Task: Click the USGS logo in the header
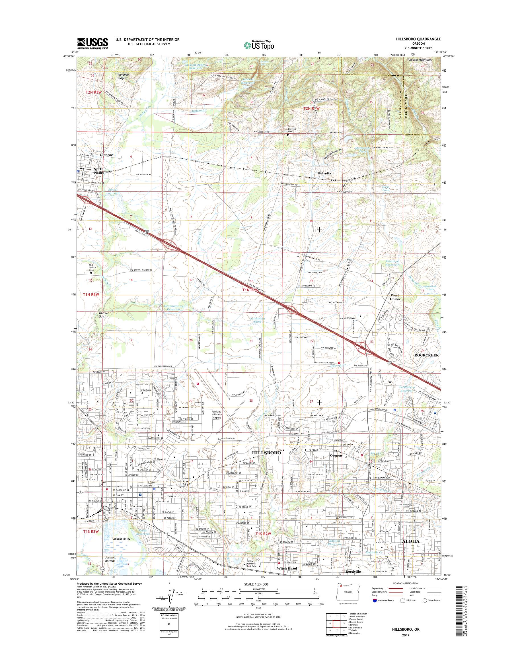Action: pos(92,43)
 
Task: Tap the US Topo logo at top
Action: pos(259,45)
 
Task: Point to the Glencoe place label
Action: pos(106,155)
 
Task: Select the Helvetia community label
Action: pos(324,173)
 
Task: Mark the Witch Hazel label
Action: pos(286,568)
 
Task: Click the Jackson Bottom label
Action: pos(110,559)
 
